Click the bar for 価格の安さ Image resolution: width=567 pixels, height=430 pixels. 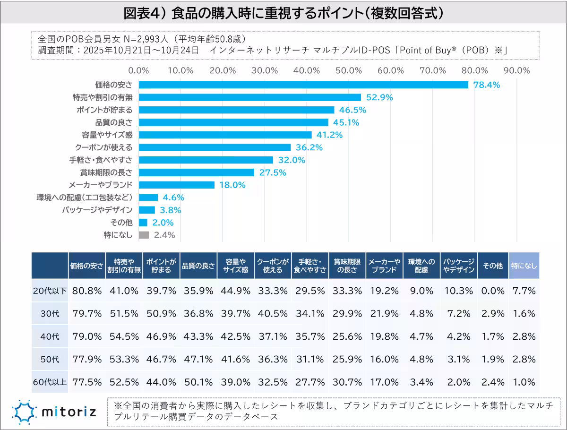coord(303,85)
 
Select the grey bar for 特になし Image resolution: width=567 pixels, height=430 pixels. coord(144,235)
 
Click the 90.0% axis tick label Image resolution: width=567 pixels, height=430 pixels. coord(517,70)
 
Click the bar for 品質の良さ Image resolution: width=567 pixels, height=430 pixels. coord(233,122)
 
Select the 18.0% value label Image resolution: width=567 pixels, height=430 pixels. coord(232,185)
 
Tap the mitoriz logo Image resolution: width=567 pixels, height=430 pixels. coord(54,411)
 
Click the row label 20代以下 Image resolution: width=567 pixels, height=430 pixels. coord(50,291)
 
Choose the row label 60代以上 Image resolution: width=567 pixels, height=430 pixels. coord(50,381)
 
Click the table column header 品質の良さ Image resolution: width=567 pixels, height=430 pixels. coord(198,266)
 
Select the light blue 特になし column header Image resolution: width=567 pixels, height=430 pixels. coord(524,266)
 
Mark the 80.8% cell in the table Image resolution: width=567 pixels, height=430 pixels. coord(87,291)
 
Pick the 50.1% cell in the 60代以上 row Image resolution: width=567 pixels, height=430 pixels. coord(198,381)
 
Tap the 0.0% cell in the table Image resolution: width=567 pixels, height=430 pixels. coord(492,291)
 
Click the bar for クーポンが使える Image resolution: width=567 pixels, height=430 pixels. coord(215,147)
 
